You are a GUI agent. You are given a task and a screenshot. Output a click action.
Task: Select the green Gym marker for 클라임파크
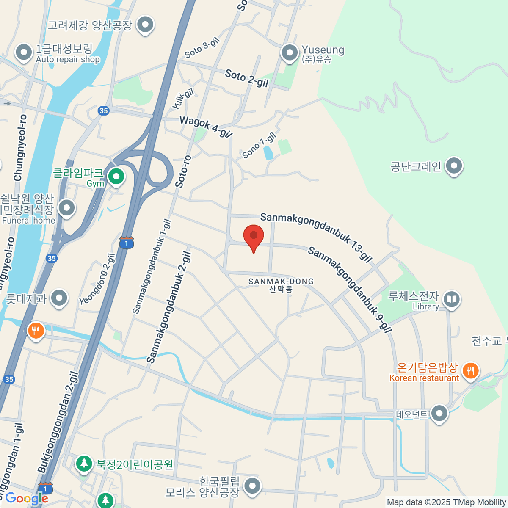[116, 177]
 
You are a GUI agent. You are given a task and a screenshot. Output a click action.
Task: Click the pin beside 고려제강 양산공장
[146, 25]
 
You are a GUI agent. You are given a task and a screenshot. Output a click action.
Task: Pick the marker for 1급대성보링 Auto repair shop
[23, 53]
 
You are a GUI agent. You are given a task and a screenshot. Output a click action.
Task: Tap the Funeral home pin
[66, 208]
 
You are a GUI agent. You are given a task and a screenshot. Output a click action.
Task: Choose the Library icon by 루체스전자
[452, 300]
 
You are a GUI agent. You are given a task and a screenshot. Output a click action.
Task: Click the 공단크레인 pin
[454, 166]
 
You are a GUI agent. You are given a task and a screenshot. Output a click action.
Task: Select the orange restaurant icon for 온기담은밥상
[469, 371]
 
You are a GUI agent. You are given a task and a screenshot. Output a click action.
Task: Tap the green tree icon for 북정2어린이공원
[84, 464]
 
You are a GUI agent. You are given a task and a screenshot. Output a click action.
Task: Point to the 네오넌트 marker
[439, 414]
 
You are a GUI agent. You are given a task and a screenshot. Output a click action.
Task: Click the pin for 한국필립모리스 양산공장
[253, 486]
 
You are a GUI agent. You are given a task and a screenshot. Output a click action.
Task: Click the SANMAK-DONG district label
[281, 285]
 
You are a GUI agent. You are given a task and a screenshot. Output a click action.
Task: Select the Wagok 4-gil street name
[206, 127]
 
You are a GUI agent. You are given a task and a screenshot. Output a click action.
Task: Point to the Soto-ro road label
[183, 171]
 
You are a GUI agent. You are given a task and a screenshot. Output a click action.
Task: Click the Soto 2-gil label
[247, 78]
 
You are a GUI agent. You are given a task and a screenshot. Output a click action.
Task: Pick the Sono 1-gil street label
[259, 145]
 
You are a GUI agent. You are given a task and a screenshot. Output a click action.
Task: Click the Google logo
[26, 499]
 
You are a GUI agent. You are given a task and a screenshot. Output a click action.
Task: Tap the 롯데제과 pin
[59, 298]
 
